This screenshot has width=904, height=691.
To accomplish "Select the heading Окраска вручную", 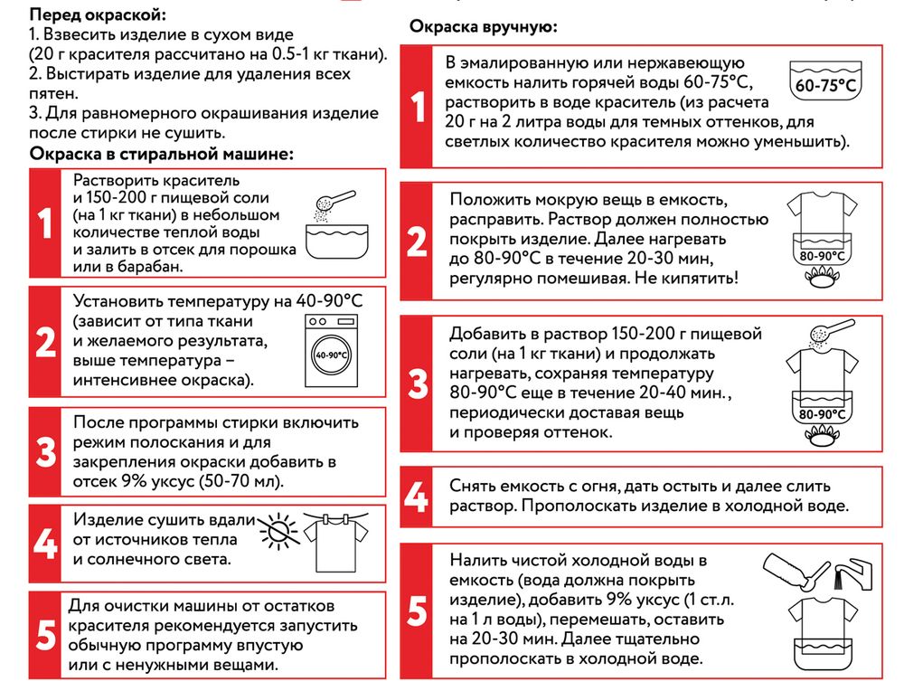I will coord(484,26).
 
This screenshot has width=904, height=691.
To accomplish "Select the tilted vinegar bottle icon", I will coord(794,569).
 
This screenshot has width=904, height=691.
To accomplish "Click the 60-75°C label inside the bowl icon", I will coord(824,87).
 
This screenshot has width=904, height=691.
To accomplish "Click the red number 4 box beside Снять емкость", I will coord(416,497).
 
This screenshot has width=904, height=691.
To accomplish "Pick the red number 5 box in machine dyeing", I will coord(45,635).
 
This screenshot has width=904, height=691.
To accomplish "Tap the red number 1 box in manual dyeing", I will coord(417,107).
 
